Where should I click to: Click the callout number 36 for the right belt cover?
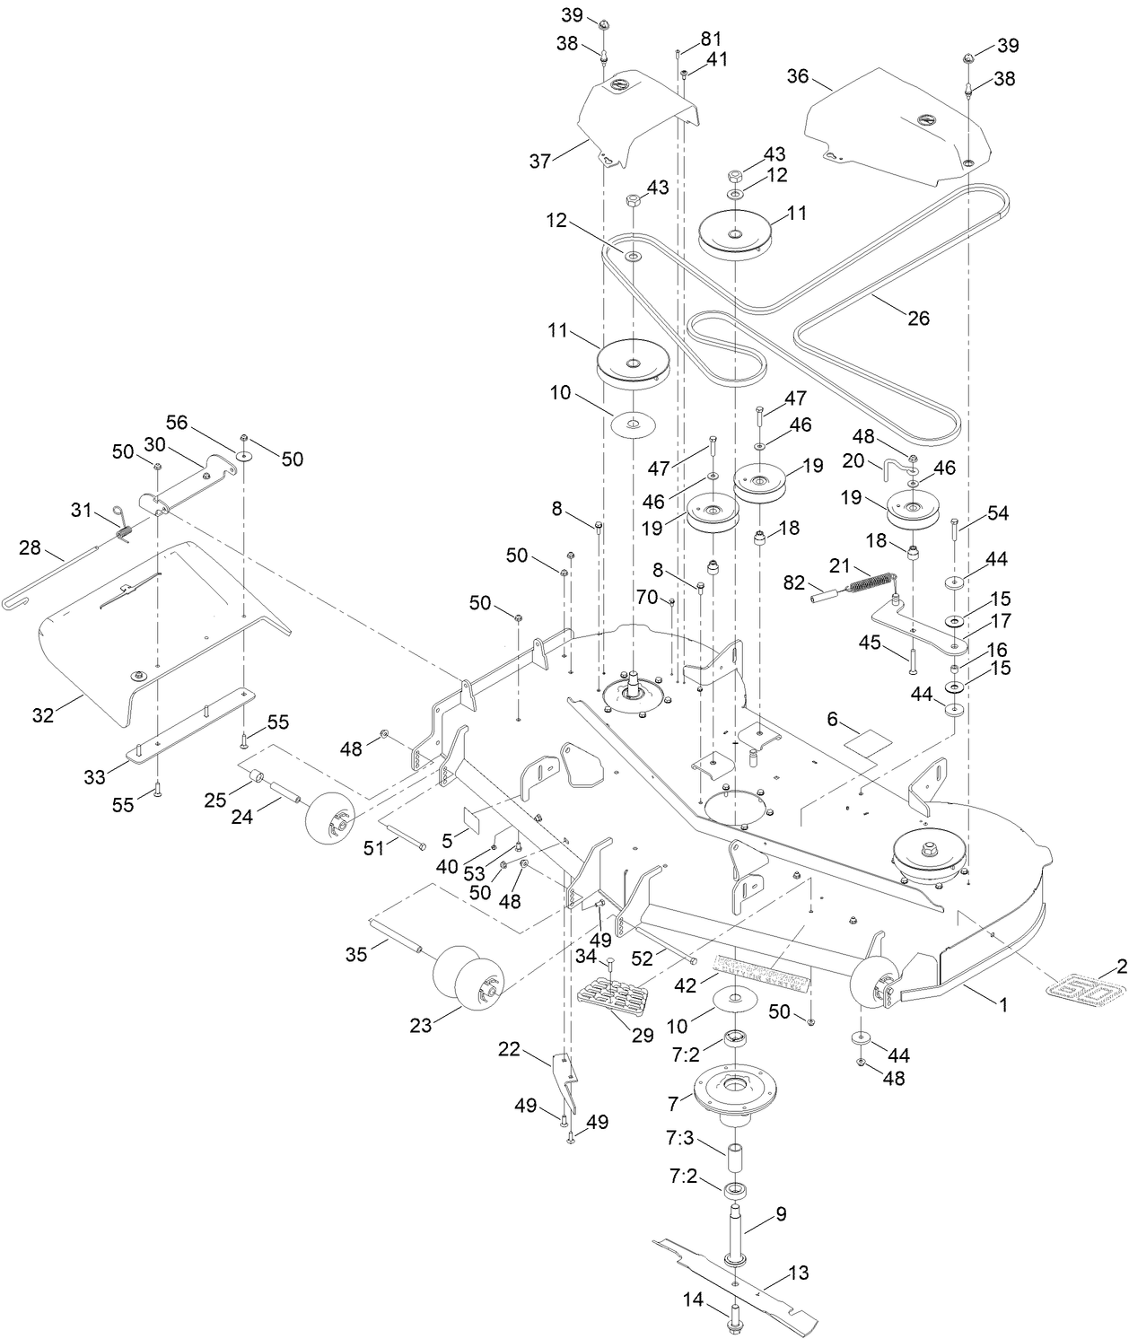(798, 77)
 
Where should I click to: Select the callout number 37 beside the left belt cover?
(539, 162)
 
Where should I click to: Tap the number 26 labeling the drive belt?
(918, 318)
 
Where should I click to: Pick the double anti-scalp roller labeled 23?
(465, 979)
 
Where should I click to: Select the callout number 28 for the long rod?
(30, 547)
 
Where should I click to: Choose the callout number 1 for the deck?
(1004, 1006)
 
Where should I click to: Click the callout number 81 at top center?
(711, 39)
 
